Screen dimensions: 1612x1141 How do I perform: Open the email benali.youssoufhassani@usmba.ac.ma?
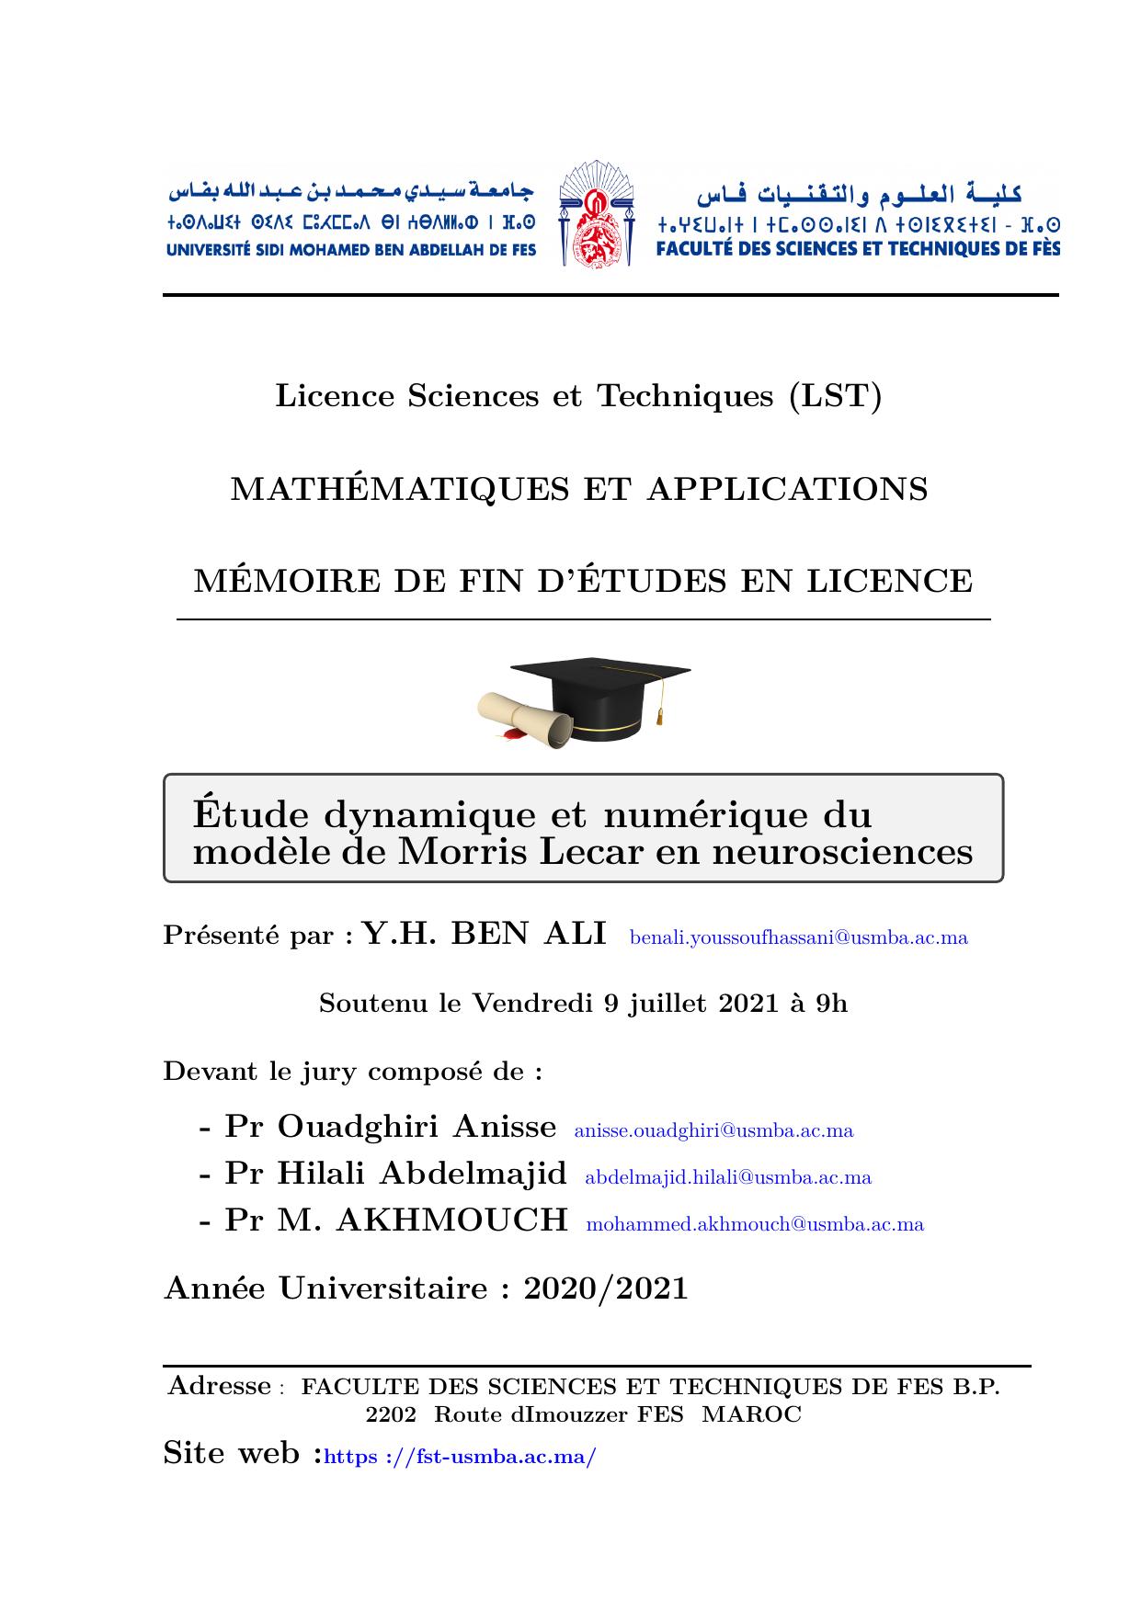tap(798, 938)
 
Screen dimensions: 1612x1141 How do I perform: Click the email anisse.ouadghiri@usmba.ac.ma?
tap(713, 1130)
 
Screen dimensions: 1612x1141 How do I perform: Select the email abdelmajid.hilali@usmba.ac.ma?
tap(728, 1177)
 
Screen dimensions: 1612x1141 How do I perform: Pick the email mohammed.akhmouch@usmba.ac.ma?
tap(755, 1224)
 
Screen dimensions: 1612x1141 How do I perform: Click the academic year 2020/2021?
tap(606, 1288)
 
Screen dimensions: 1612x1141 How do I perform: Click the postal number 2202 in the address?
tap(391, 1414)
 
